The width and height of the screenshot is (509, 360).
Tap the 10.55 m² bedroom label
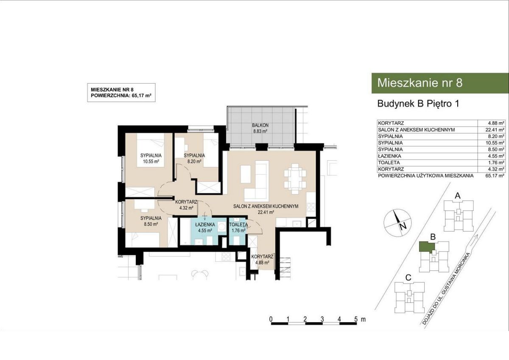click(x=151, y=159)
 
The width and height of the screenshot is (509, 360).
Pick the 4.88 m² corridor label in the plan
click(x=262, y=260)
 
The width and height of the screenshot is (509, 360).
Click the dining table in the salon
click(x=295, y=179)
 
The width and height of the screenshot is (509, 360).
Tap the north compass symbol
click(x=398, y=222)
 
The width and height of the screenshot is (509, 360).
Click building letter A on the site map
click(x=458, y=195)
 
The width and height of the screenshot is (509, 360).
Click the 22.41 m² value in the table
click(x=495, y=130)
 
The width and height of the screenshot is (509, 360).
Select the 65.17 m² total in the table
click(x=495, y=176)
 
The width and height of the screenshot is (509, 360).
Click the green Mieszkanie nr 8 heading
click(x=420, y=83)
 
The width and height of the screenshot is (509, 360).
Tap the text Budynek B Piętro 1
click(x=418, y=104)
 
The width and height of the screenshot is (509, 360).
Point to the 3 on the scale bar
click(x=322, y=319)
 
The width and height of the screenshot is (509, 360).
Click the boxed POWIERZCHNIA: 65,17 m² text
click(x=121, y=96)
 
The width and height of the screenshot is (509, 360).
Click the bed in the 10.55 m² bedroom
click(x=151, y=150)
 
